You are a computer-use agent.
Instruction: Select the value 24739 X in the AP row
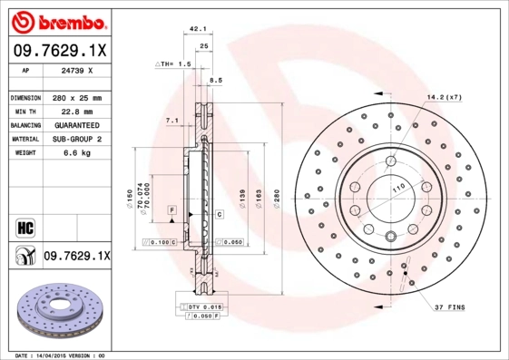(x=75, y=71)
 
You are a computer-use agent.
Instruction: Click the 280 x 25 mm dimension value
(x=75, y=97)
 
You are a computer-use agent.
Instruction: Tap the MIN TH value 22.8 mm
(x=75, y=111)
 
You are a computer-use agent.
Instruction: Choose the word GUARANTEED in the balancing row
(x=75, y=124)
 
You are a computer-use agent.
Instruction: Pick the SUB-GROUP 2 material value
(x=75, y=139)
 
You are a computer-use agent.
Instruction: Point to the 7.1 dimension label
(x=171, y=121)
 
